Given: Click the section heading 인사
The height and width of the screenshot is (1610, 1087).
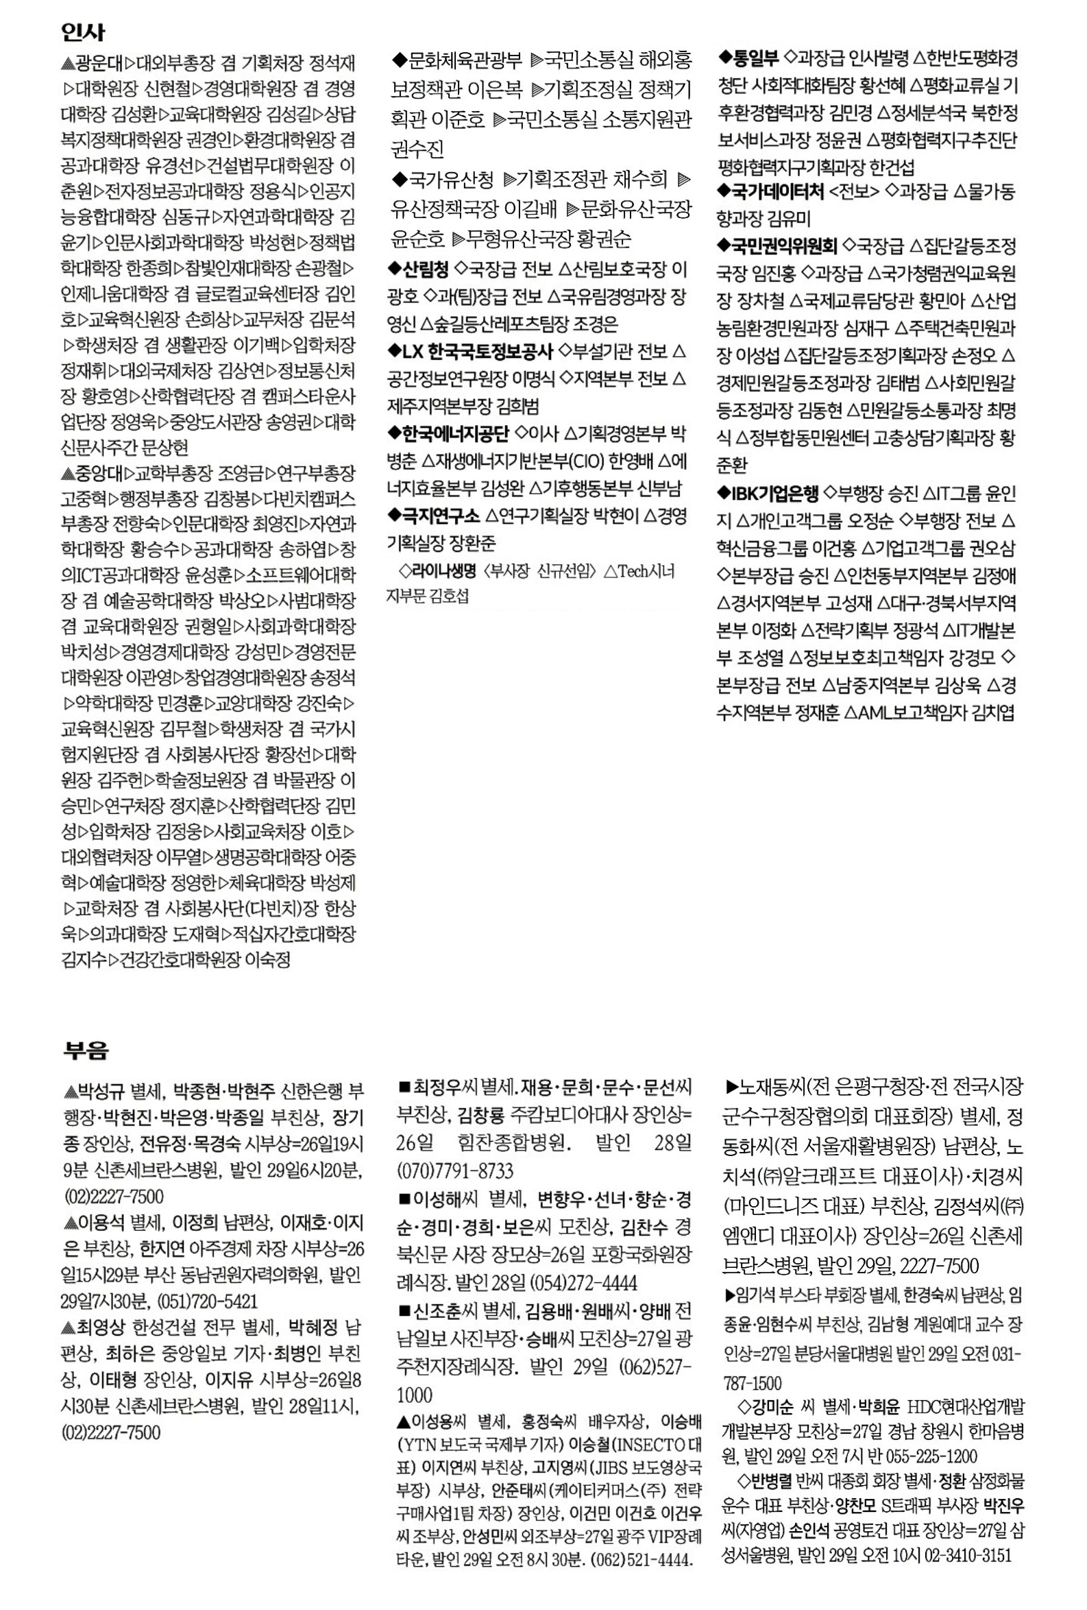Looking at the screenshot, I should (x=82, y=32).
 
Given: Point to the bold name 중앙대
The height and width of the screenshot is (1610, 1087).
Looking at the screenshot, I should (x=99, y=474).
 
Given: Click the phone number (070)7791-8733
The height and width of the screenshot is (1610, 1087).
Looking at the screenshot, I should (x=455, y=1170).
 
